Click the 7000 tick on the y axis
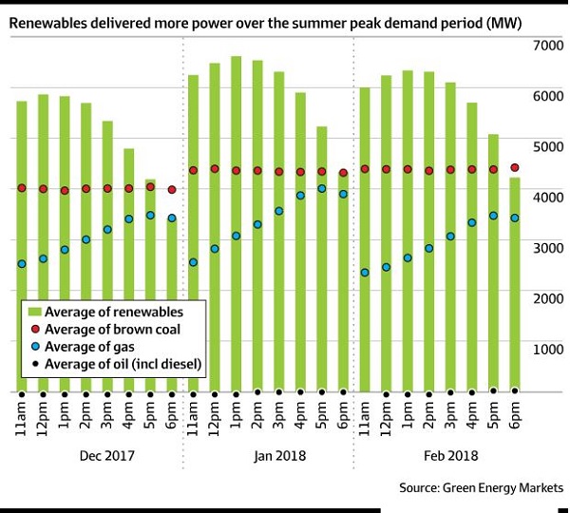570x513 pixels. [549, 45]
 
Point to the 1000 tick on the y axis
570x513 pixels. [549, 349]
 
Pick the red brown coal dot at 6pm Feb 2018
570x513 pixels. [515, 167]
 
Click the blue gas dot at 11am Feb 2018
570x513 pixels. [364, 273]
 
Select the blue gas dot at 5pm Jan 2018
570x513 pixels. [322, 189]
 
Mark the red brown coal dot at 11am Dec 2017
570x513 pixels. [21, 188]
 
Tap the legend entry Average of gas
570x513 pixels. [101, 347]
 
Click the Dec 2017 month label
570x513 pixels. [96, 455]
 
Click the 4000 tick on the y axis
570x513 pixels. [549, 197]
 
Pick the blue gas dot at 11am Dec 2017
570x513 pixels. [21, 264]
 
